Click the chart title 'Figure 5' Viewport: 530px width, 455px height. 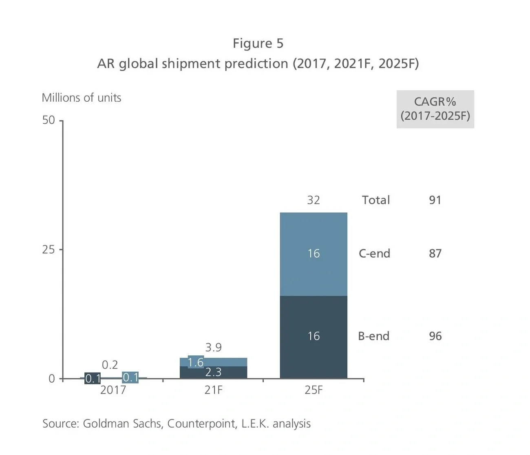click(258, 43)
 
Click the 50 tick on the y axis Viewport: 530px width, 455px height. click(49, 120)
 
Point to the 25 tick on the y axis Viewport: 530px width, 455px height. click(49, 249)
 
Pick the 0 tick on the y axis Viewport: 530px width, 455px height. click(52, 379)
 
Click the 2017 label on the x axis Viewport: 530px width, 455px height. click(113, 390)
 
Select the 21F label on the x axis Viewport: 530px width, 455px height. click(213, 390)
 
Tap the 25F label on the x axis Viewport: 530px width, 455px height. click(314, 390)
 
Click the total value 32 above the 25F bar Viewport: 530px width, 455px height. click(314, 200)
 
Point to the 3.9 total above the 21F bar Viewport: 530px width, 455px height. click(213, 348)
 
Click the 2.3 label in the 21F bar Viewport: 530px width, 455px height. click(213, 372)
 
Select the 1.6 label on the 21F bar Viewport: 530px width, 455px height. click(196, 362)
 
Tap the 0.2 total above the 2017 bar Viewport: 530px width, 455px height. click(110, 365)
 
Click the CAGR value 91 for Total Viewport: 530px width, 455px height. click(435, 200)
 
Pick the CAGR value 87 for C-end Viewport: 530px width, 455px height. click(435, 254)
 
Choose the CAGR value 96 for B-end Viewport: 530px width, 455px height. click(435, 336)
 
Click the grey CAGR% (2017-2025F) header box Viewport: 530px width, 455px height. click(435, 109)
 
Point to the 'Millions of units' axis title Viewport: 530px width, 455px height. click(82, 98)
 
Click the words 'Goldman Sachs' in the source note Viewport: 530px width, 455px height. click(122, 424)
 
